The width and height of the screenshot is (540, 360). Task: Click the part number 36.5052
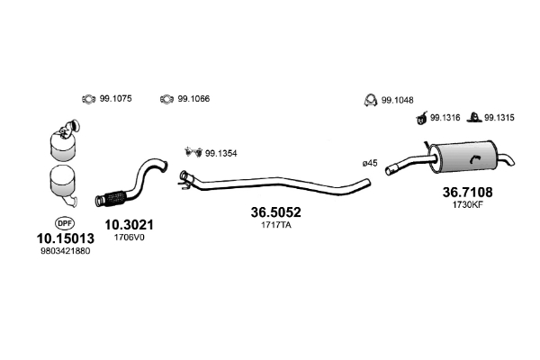point(274,212)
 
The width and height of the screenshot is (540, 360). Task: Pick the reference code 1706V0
point(127,238)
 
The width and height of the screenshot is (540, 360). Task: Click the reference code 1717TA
point(274,226)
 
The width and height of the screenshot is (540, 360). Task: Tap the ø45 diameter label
point(369,163)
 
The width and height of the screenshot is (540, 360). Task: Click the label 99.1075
point(115,99)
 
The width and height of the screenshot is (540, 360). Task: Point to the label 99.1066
point(193,99)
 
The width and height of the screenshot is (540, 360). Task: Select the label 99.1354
point(221,152)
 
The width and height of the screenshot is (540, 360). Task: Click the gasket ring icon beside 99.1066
point(166,99)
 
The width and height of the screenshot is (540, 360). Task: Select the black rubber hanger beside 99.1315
point(474,117)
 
